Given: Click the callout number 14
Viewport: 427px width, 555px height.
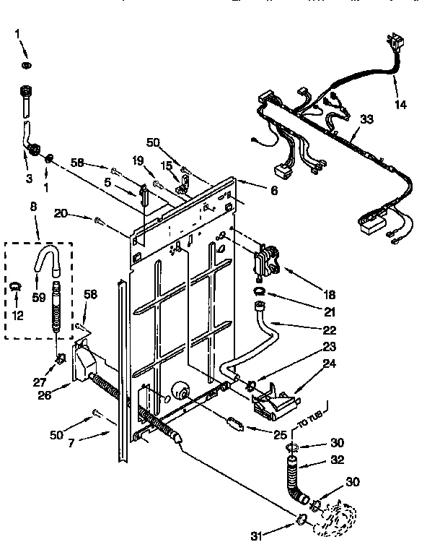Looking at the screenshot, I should pos(400,104).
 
